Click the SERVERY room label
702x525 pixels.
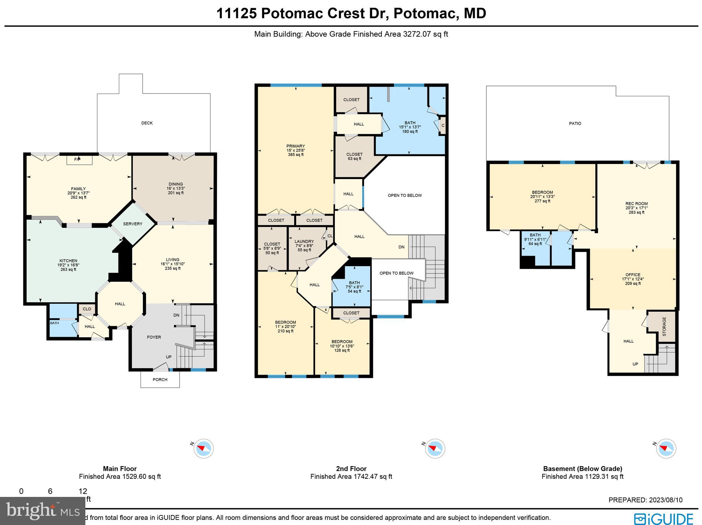[x=133, y=224]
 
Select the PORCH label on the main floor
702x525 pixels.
[x=160, y=379]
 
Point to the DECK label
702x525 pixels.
[x=147, y=123]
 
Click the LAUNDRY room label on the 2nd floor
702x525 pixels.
[x=304, y=241]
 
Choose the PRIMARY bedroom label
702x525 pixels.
[x=295, y=146]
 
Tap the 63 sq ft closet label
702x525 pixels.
[x=354, y=157]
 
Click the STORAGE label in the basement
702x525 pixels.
[x=664, y=326]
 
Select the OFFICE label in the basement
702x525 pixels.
[x=633, y=275]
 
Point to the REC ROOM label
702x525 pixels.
[x=637, y=204]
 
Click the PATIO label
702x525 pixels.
[x=575, y=123]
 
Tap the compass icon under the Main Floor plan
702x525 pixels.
[x=204, y=448]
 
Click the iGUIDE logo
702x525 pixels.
[x=663, y=518]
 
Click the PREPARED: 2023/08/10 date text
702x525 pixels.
[x=645, y=500]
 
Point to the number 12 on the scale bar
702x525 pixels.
[x=83, y=491]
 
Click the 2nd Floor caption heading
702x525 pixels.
[x=351, y=468]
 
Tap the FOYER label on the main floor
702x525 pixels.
[x=154, y=337]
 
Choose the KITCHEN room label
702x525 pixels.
[x=68, y=261]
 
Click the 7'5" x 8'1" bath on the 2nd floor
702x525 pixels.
[x=354, y=287]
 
